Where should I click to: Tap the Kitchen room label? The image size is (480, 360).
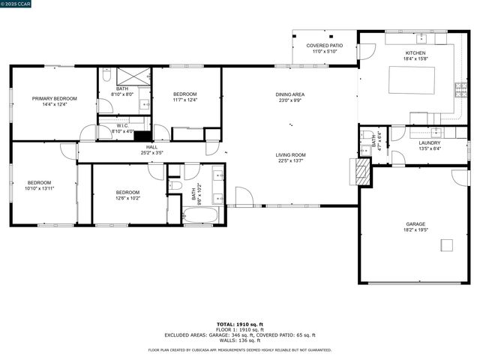(x=415, y=53)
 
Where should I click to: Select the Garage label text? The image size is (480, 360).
(x=415, y=223)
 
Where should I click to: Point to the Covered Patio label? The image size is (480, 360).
(x=324, y=46)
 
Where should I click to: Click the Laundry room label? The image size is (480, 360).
(x=429, y=142)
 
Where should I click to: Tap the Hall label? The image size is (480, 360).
(x=151, y=147)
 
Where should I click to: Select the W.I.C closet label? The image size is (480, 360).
(x=121, y=125)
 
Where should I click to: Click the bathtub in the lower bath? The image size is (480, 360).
(x=200, y=216)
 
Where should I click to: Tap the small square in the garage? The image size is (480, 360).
(x=447, y=244)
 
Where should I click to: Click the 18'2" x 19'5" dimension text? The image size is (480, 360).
(x=415, y=230)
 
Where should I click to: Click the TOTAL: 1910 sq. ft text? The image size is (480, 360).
(x=239, y=324)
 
